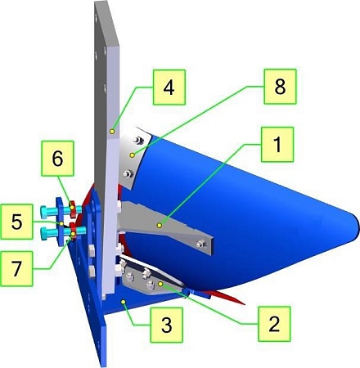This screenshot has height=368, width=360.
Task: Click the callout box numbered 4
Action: tap(169, 88)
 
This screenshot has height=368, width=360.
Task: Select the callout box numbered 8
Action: tap(280, 87)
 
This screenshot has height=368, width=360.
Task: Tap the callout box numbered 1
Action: tap(277, 145)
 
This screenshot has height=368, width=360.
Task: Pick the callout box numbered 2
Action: tap(274, 324)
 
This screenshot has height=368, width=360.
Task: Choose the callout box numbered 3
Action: tap(167, 325)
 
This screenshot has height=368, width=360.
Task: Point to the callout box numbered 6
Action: tap(57, 159)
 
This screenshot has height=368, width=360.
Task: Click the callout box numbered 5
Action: tap(16, 222)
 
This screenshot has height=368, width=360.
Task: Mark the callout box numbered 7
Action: tap(16, 268)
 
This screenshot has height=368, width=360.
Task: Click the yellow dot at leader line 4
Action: tap(112, 132)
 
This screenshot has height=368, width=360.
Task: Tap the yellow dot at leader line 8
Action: tap(133, 155)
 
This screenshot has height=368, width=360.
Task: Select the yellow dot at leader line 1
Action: tap(160, 225)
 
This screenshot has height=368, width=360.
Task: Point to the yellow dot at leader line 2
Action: tap(160, 284)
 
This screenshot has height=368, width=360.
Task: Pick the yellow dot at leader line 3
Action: tap(124, 302)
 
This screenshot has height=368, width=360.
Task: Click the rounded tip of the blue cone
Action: tap(357, 227)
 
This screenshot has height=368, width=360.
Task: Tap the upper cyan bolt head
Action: tap(44, 213)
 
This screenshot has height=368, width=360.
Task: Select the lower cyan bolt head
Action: tap(45, 234)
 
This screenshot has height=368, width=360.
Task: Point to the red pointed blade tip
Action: tap(244, 303)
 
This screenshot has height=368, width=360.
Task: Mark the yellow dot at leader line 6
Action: tap(72, 207)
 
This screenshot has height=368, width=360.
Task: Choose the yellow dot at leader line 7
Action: tap(73, 234)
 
